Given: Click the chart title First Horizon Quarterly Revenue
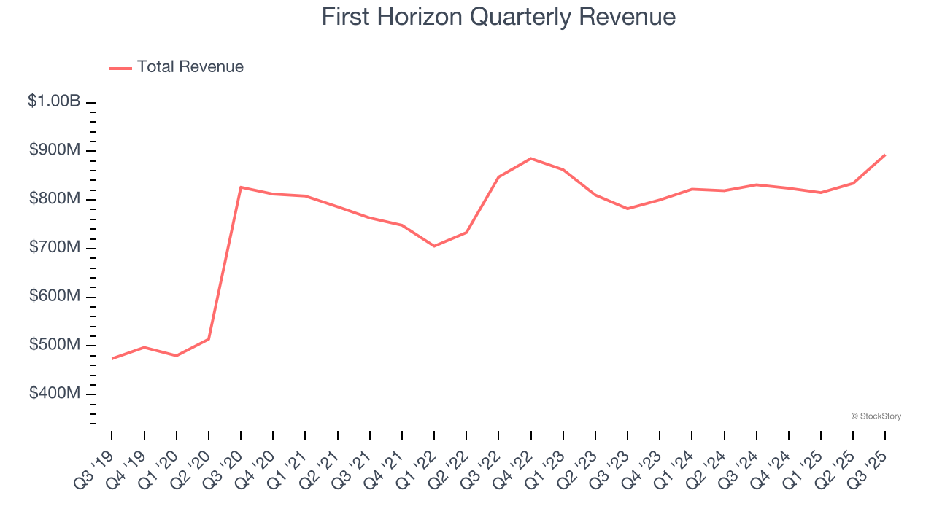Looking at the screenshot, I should coord(498,17).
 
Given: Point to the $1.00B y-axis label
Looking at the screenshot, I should coord(54,101).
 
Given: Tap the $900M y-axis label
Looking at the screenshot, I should coord(55,150).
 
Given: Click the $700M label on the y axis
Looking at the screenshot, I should coord(55,248).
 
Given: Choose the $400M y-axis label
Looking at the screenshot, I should coord(55,394).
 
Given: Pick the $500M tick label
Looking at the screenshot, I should coord(55,345).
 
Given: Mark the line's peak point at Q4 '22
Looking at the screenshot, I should coord(530,158).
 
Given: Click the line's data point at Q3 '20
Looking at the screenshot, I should coord(241,187).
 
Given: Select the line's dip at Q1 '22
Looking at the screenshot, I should coord(434,246).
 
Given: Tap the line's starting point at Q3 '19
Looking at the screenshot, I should coord(112,358).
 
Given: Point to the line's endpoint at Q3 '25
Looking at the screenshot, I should coord(885,155).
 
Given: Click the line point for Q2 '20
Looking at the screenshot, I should coord(209,339).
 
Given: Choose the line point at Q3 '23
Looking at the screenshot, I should coord(628,209).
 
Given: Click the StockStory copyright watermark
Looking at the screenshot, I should coord(876,416).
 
